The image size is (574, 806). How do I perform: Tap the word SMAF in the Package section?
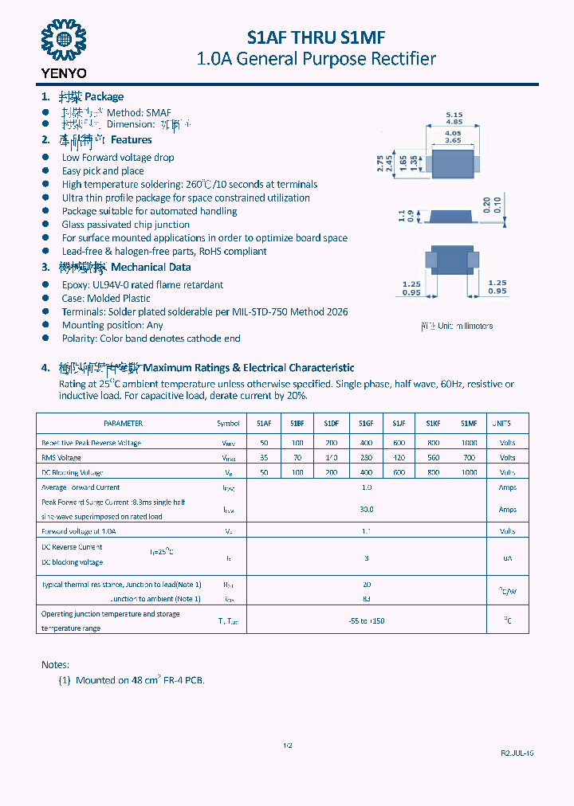(x=159, y=113)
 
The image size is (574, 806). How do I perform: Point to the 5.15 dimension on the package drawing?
(x=454, y=115)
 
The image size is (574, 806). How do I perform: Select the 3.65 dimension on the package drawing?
(x=453, y=140)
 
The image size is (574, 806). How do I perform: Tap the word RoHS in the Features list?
(x=211, y=251)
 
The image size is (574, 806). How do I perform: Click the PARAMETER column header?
(x=124, y=424)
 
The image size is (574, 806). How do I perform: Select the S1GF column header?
(x=366, y=424)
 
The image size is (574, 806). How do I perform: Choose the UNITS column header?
(x=501, y=424)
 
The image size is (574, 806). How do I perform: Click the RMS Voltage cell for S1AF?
(x=264, y=458)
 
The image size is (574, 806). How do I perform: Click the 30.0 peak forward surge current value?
(x=367, y=509)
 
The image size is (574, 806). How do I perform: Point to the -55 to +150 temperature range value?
(x=367, y=620)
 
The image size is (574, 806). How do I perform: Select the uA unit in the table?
(x=507, y=559)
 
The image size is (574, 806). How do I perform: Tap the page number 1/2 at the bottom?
(x=288, y=745)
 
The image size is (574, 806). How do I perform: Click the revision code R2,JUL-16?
(x=517, y=753)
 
